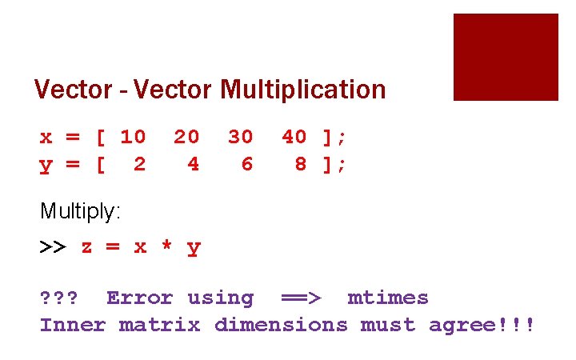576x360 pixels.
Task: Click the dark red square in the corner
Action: pyautogui.click(x=506, y=57)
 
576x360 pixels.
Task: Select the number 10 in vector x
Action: pyautogui.click(x=133, y=137)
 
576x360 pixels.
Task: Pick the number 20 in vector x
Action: pyautogui.click(x=186, y=137)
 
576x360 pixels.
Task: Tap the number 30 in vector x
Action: pyautogui.click(x=240, y=137)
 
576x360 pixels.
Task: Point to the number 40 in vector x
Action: pyautogui.click(x=294, y=137)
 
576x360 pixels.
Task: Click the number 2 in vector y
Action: pyautogui.click(x=140, y=164)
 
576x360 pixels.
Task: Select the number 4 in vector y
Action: pyautogui.click(x=194, y=164)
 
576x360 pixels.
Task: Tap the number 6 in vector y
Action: pyautogui.click(x=247, y=164)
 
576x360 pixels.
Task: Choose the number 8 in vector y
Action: pyautogui.click(x=301, y=164)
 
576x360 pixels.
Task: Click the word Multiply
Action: pyautogui.click(x=80, y=212)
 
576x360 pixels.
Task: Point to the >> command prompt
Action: pyautogui.click(x=53, y=247)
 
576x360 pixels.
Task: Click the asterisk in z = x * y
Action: pyautogui.click(x=166, y=247)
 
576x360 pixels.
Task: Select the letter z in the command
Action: pyautogui.click(x=86, y=247)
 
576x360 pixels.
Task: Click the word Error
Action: pyautogui.click(x=139, y=298)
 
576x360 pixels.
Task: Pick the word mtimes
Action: pyautogui.click(x=388, y=298)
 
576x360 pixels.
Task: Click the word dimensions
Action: pyautogui.click(x=281, y=325)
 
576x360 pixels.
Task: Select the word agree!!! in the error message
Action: pyautogui.click(x=482, y=325)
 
